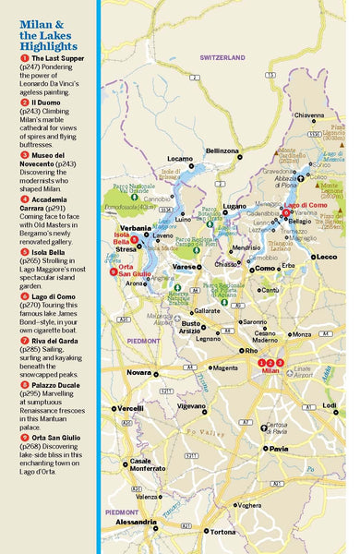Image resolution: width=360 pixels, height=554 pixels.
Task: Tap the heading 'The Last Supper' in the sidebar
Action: pos(55,58)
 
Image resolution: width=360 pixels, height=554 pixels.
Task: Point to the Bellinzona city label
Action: pos(222,151)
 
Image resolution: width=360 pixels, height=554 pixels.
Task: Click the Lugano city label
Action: pos(234,206)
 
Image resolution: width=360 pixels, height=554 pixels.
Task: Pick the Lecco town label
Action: pos(326,257)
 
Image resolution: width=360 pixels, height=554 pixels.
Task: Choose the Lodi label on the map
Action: pos(330,405)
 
